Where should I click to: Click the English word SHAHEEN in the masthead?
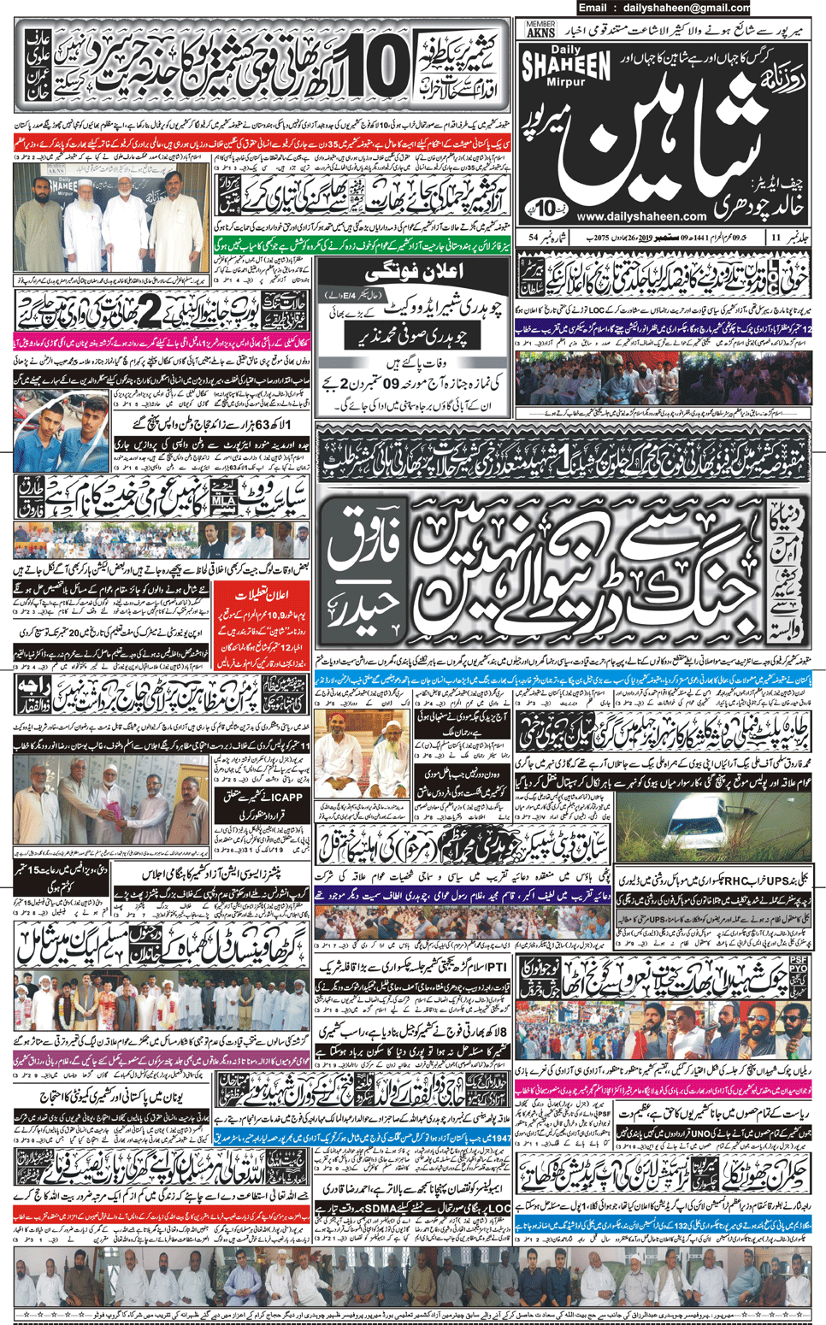[x=566, y=66]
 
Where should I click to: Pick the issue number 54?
[x=534, y=237]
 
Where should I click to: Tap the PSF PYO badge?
[x=799, y=975]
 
